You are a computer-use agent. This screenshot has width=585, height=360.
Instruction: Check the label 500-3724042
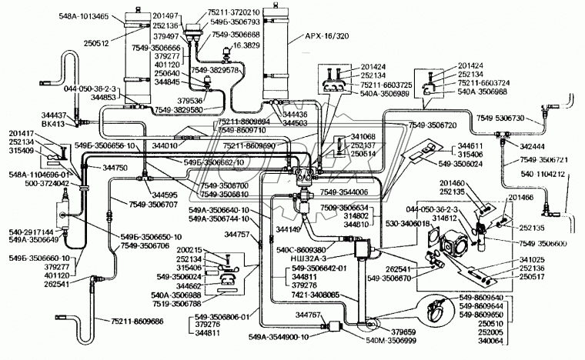click(38, 185)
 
